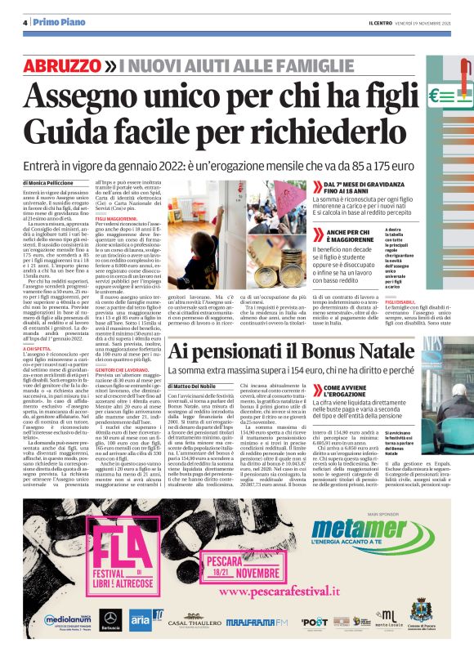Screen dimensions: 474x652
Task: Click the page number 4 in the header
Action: click(x=25, y=24)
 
